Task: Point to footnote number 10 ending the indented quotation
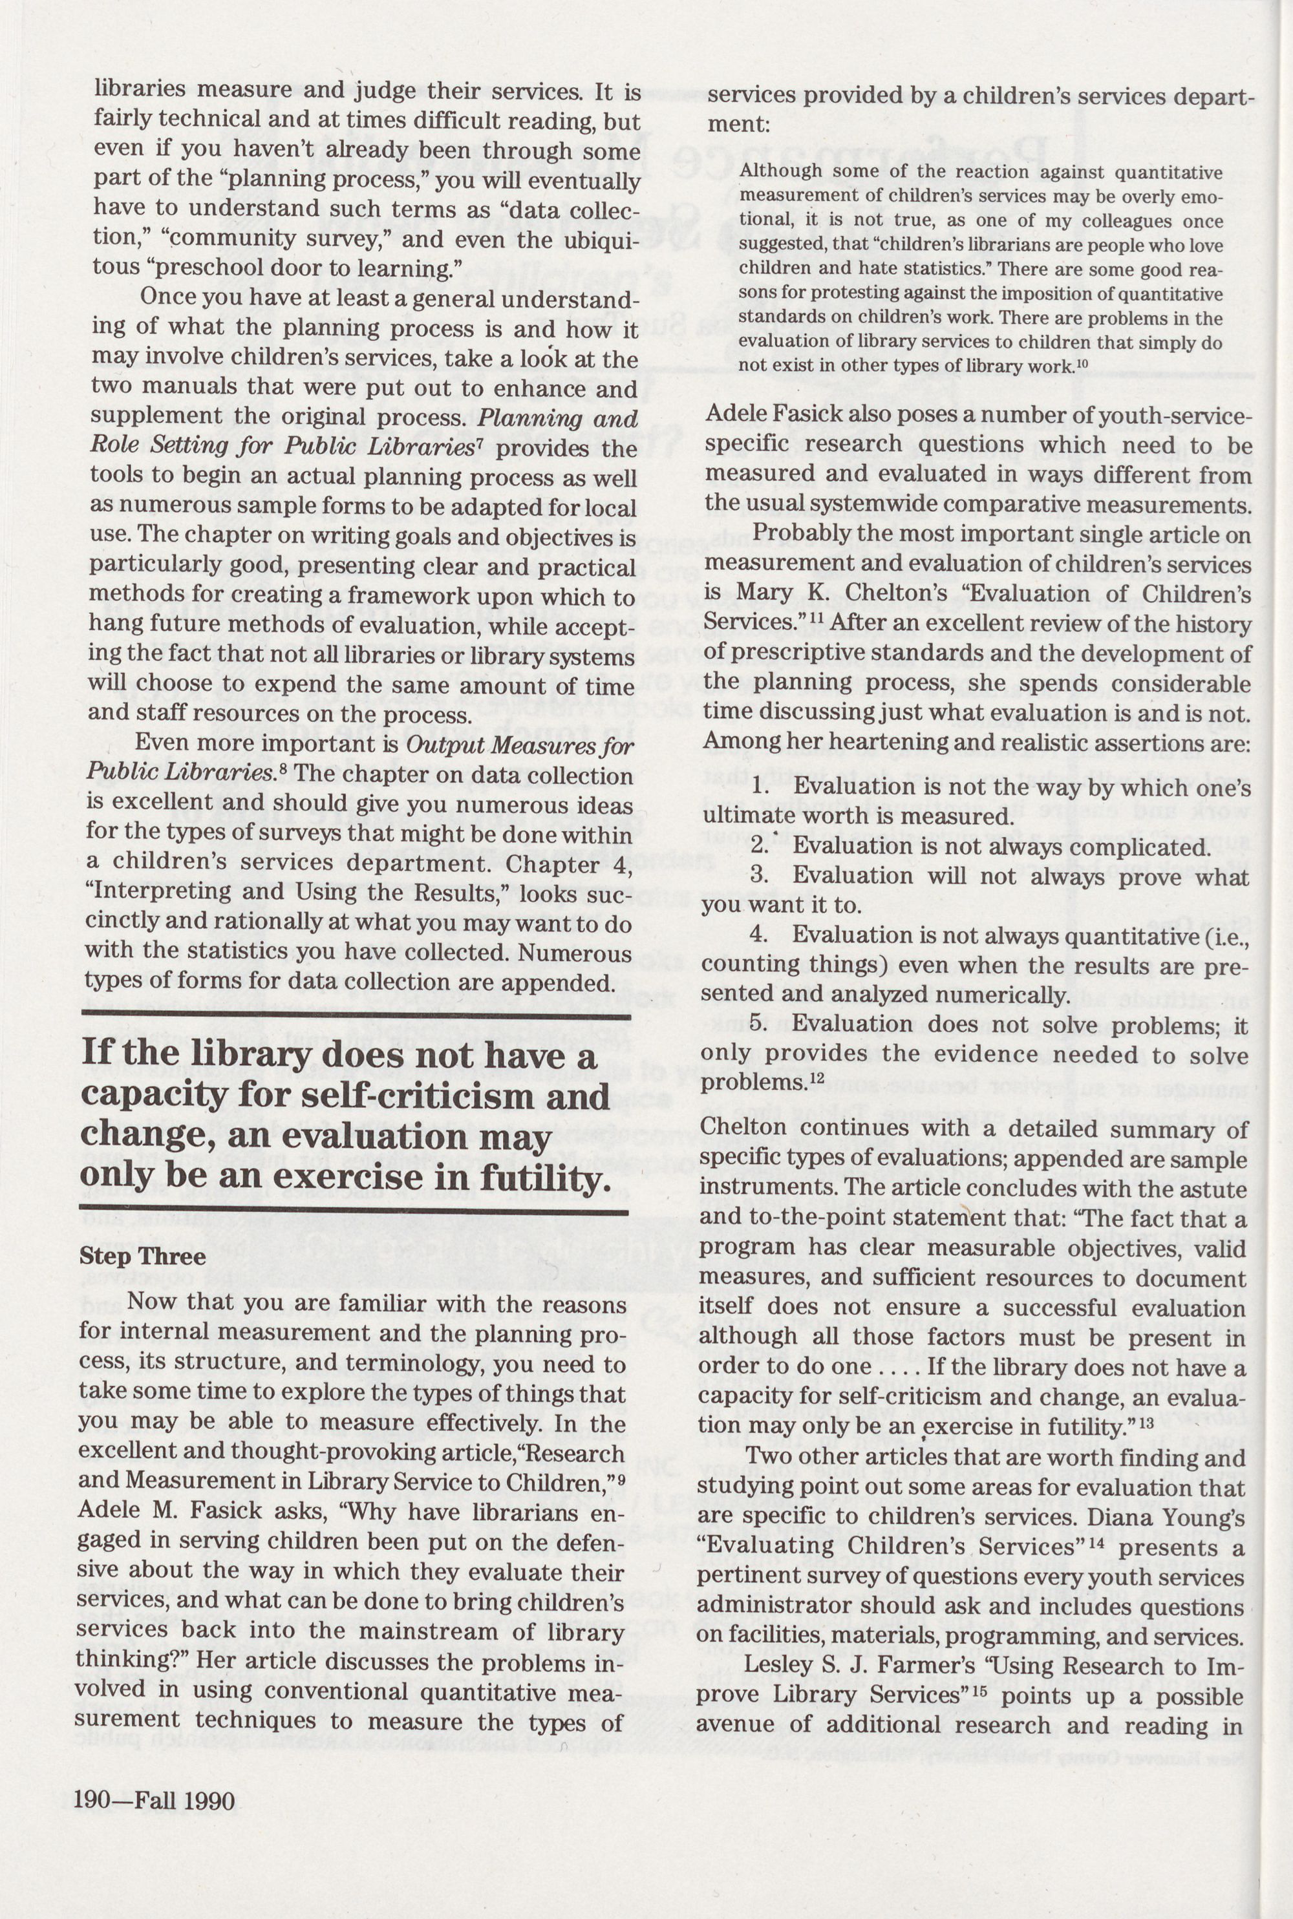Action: tap(1082, 363)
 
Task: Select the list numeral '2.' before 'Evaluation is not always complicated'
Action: tap(760, 846)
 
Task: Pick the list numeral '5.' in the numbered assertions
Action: tap(760, 1024)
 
